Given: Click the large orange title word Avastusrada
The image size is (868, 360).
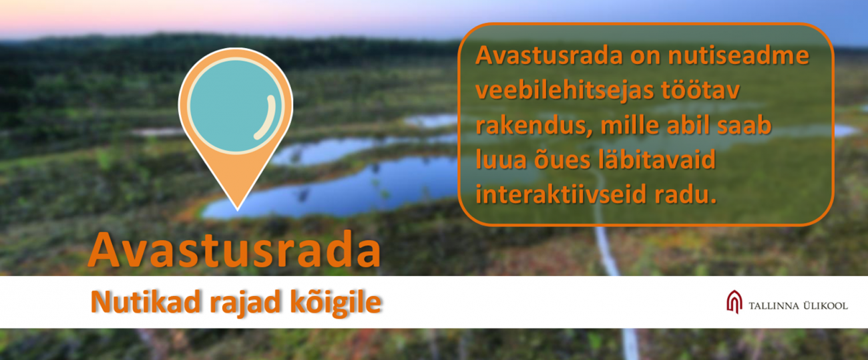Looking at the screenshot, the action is [234, 250].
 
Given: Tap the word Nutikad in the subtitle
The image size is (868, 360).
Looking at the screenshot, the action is [146, 301].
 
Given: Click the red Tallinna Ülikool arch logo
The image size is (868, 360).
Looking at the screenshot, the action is [734, 301].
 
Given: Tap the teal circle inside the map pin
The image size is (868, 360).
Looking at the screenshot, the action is [235, 106].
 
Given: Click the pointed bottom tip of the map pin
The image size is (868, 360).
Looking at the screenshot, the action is [238, 210].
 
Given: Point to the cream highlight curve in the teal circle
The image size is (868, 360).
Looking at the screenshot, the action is [267, 118].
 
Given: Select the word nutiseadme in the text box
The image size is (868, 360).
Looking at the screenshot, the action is [738, 55].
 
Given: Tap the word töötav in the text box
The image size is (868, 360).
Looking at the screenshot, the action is [700, 89].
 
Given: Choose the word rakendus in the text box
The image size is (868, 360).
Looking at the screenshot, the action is [533, 126].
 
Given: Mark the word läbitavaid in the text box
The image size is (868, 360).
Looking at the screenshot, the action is [657, 160].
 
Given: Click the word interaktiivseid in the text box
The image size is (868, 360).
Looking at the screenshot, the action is [561, 194].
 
